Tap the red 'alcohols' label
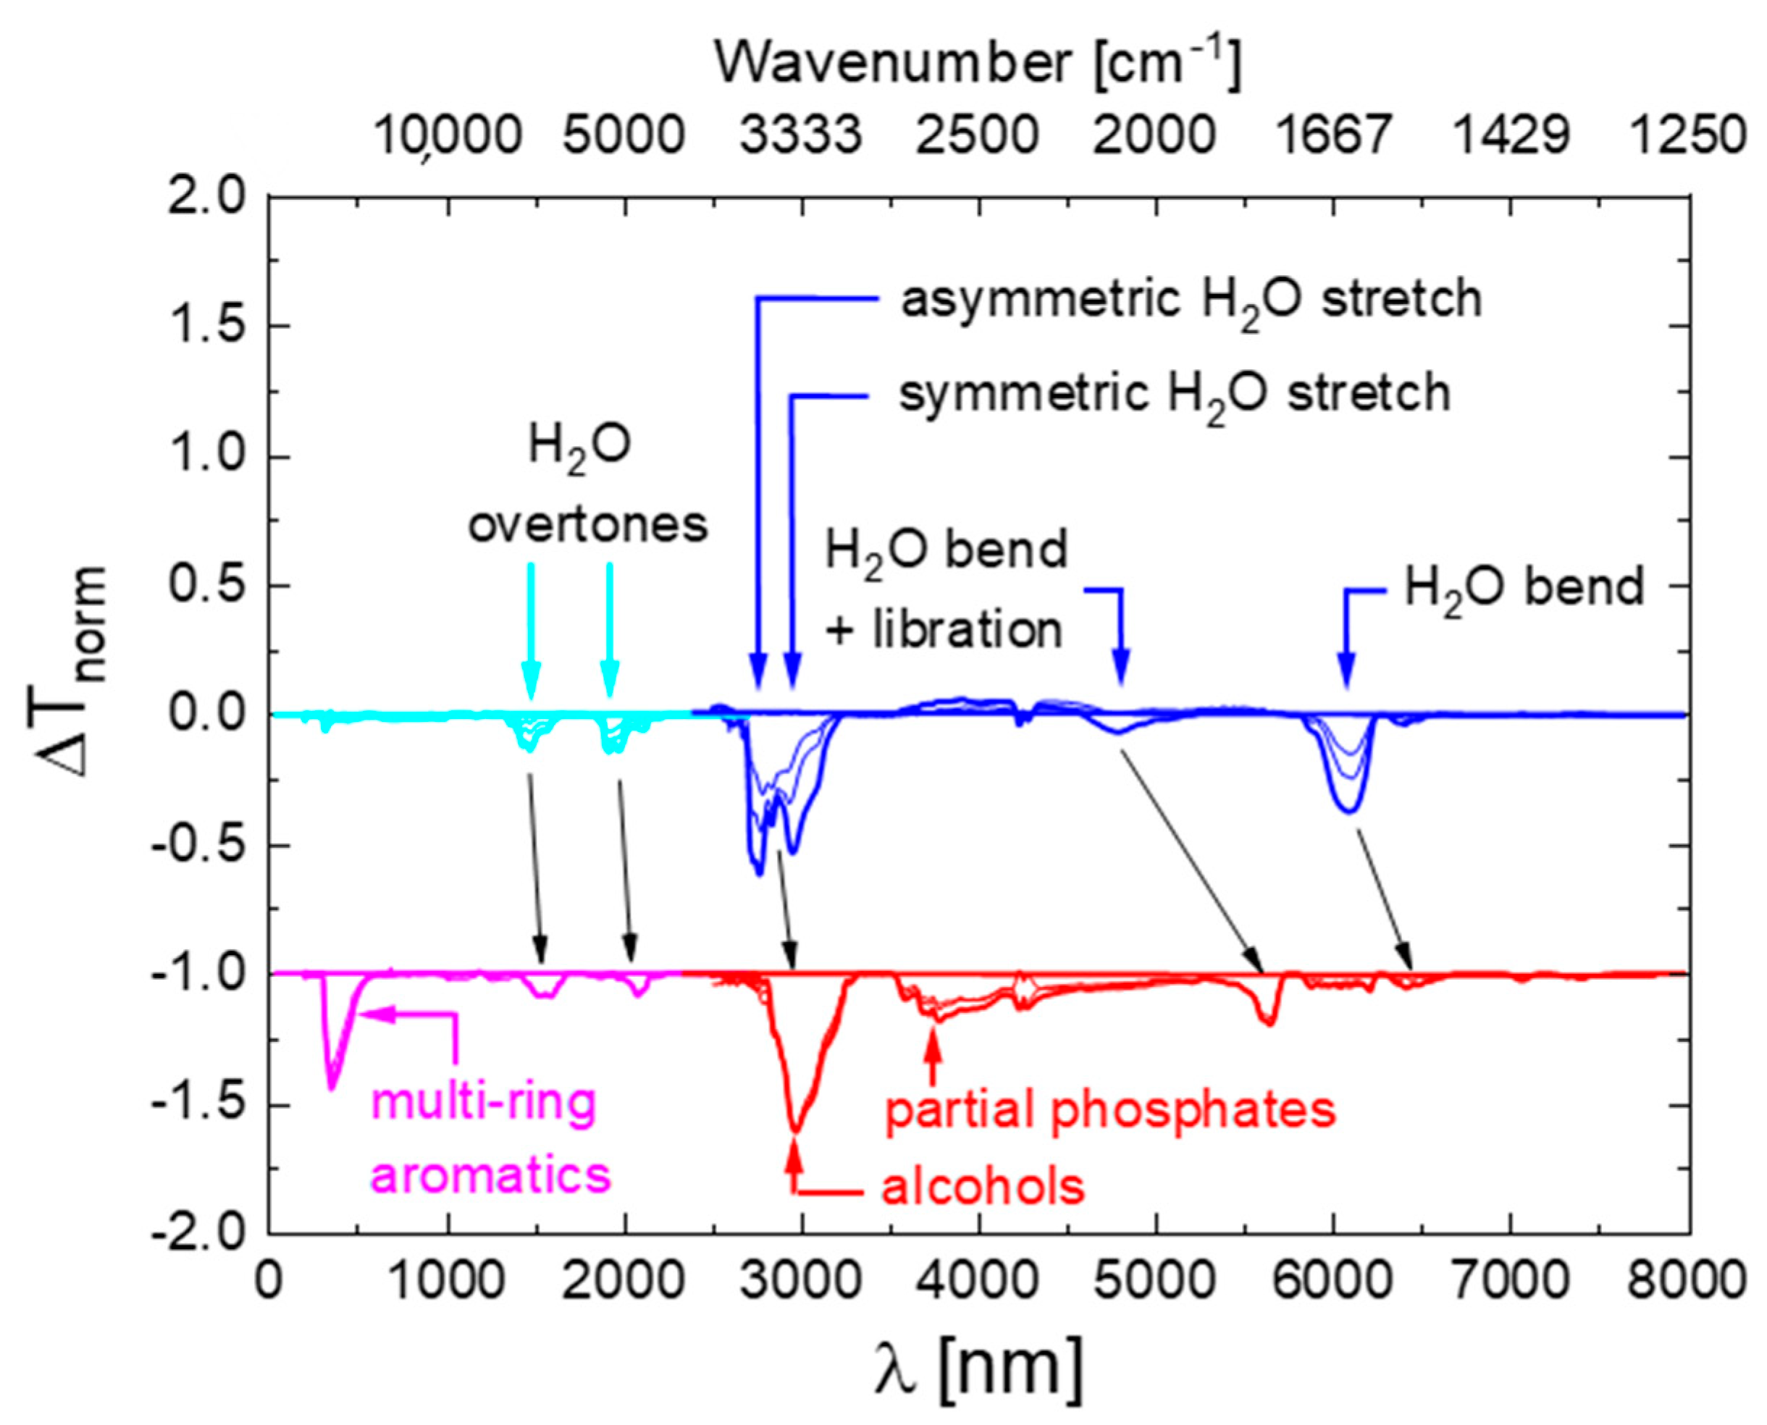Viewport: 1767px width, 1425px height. [x=983, y=1187]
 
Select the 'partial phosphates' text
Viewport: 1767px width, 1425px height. [x=1110, y=1111]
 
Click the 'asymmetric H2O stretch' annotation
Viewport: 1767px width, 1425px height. [x=1191, y=300]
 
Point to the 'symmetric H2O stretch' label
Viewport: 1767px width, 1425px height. [x=1174, y=394]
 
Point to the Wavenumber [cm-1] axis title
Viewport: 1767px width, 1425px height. [x=977, y=63]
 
